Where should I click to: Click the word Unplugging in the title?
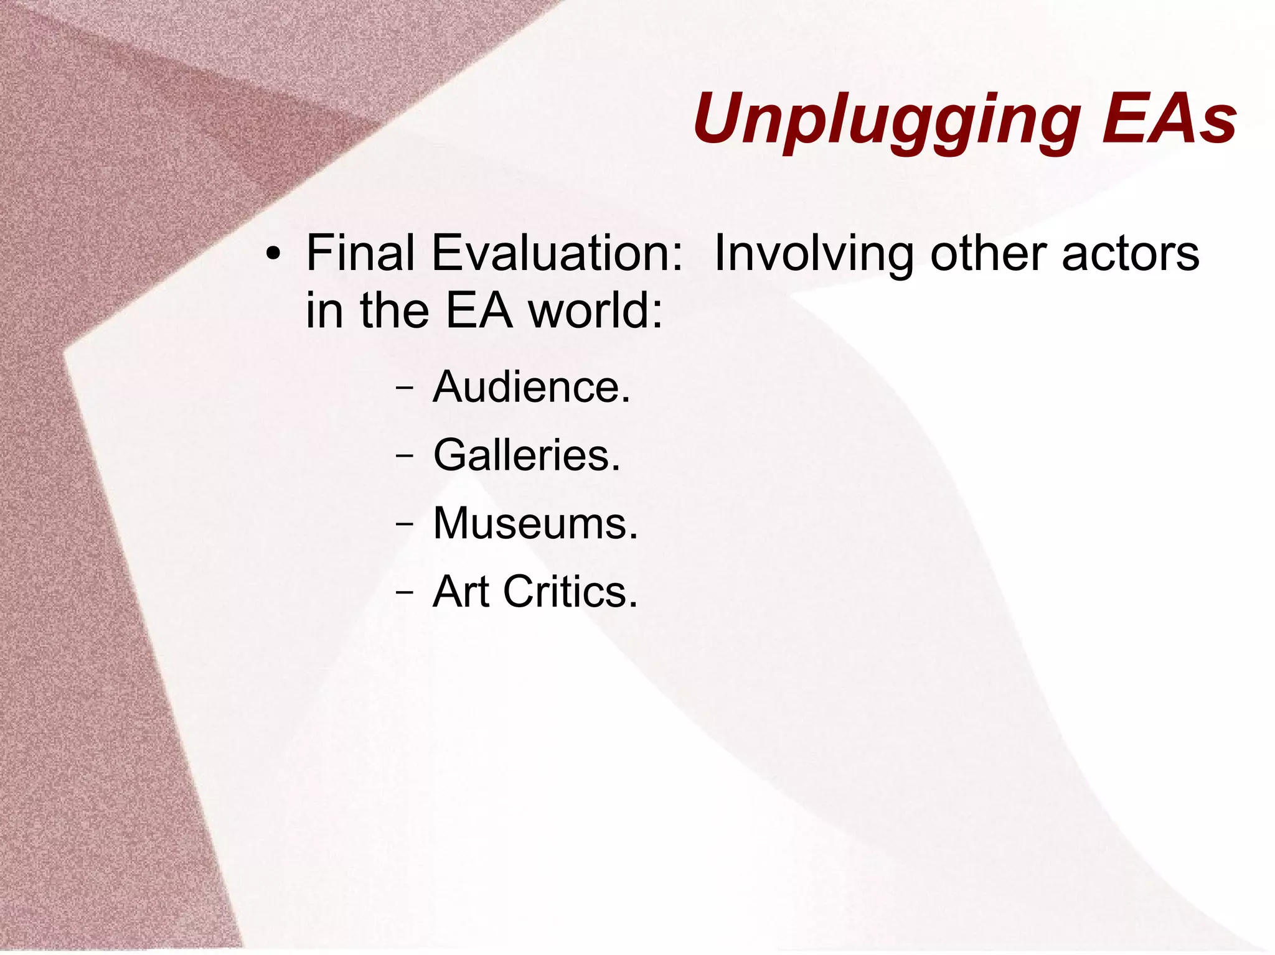887,119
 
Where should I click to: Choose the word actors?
1131,254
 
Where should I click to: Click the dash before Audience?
404,388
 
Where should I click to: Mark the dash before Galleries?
404,455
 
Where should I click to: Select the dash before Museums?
404,524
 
